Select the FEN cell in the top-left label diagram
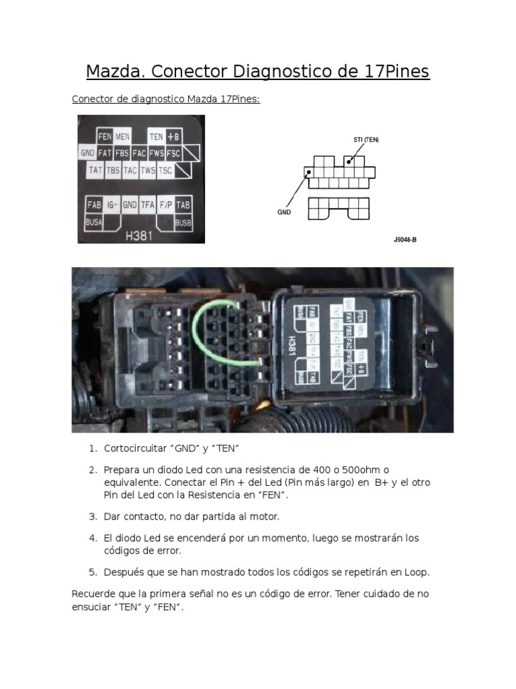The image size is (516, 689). pyautogui.click(x=104, y=137)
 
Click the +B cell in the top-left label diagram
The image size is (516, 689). pyautogui.click(x=173, y=137)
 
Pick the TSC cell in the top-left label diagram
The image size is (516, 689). pyautogui.click(x=165, y=171)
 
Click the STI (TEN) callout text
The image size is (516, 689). pyautogui.click(x=366, y=140)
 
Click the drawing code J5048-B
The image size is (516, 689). pyautogui.click(x=405, y=239)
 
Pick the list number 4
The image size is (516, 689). pyautogui.click(x=93, y=538)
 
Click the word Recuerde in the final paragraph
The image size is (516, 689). pyautogui.click(x=94, y=594)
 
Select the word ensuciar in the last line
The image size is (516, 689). pyautogui.click(x=92, y=607)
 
